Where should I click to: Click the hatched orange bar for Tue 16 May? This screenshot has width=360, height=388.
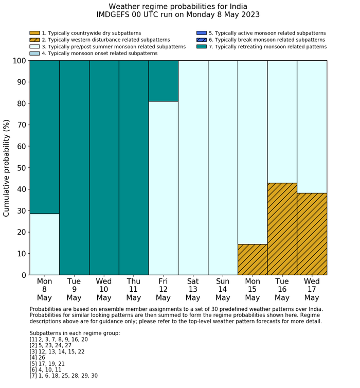click(x=282, y=229)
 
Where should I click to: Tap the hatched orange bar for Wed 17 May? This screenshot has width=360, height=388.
click(x=312, y=234)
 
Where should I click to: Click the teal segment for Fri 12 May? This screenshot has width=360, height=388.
click(x=163, y=81)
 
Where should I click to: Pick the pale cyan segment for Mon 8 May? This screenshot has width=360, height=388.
click(x=44, y=244)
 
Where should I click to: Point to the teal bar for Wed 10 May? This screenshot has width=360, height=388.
click(x=104, y=168)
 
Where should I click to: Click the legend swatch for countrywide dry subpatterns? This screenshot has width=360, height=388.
click(x=34, y=33)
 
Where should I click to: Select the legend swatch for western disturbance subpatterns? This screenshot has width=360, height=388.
click(x=34, y=40)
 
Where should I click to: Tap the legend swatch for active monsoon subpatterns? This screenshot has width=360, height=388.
click(x=202, y=33)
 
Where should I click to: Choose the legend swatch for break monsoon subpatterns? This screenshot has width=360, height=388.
click(x=202, y=40)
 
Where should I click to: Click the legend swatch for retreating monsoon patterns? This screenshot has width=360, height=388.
click(x=202, y=47)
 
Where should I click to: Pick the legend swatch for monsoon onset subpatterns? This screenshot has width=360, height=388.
click(x=34, y=54)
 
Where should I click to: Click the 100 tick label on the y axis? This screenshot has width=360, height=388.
click(x=19, y=61)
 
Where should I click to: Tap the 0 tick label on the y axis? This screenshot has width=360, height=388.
click(x=23, y=275)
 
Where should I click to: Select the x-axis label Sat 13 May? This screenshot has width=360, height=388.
click(x=193, y=289)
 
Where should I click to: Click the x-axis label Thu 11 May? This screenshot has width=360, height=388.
click(x=134, y=289)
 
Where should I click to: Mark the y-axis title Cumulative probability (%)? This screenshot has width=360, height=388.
click(x=7, y=168)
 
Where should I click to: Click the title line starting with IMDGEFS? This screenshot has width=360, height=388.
click(x=178, y=15)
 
